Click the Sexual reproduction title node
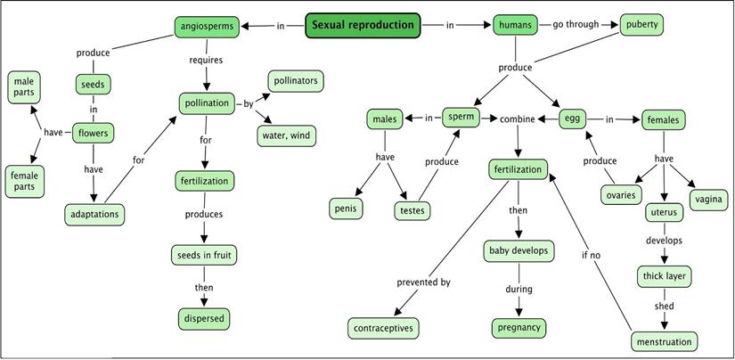363,25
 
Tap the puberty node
641,25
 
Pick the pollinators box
294,81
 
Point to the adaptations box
93,214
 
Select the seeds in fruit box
205,256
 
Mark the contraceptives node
383,327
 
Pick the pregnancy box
519,327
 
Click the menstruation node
664,340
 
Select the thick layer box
664,276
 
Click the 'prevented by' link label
423,282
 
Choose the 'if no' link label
590,255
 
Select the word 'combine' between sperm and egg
517,119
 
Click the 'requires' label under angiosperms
206,61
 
